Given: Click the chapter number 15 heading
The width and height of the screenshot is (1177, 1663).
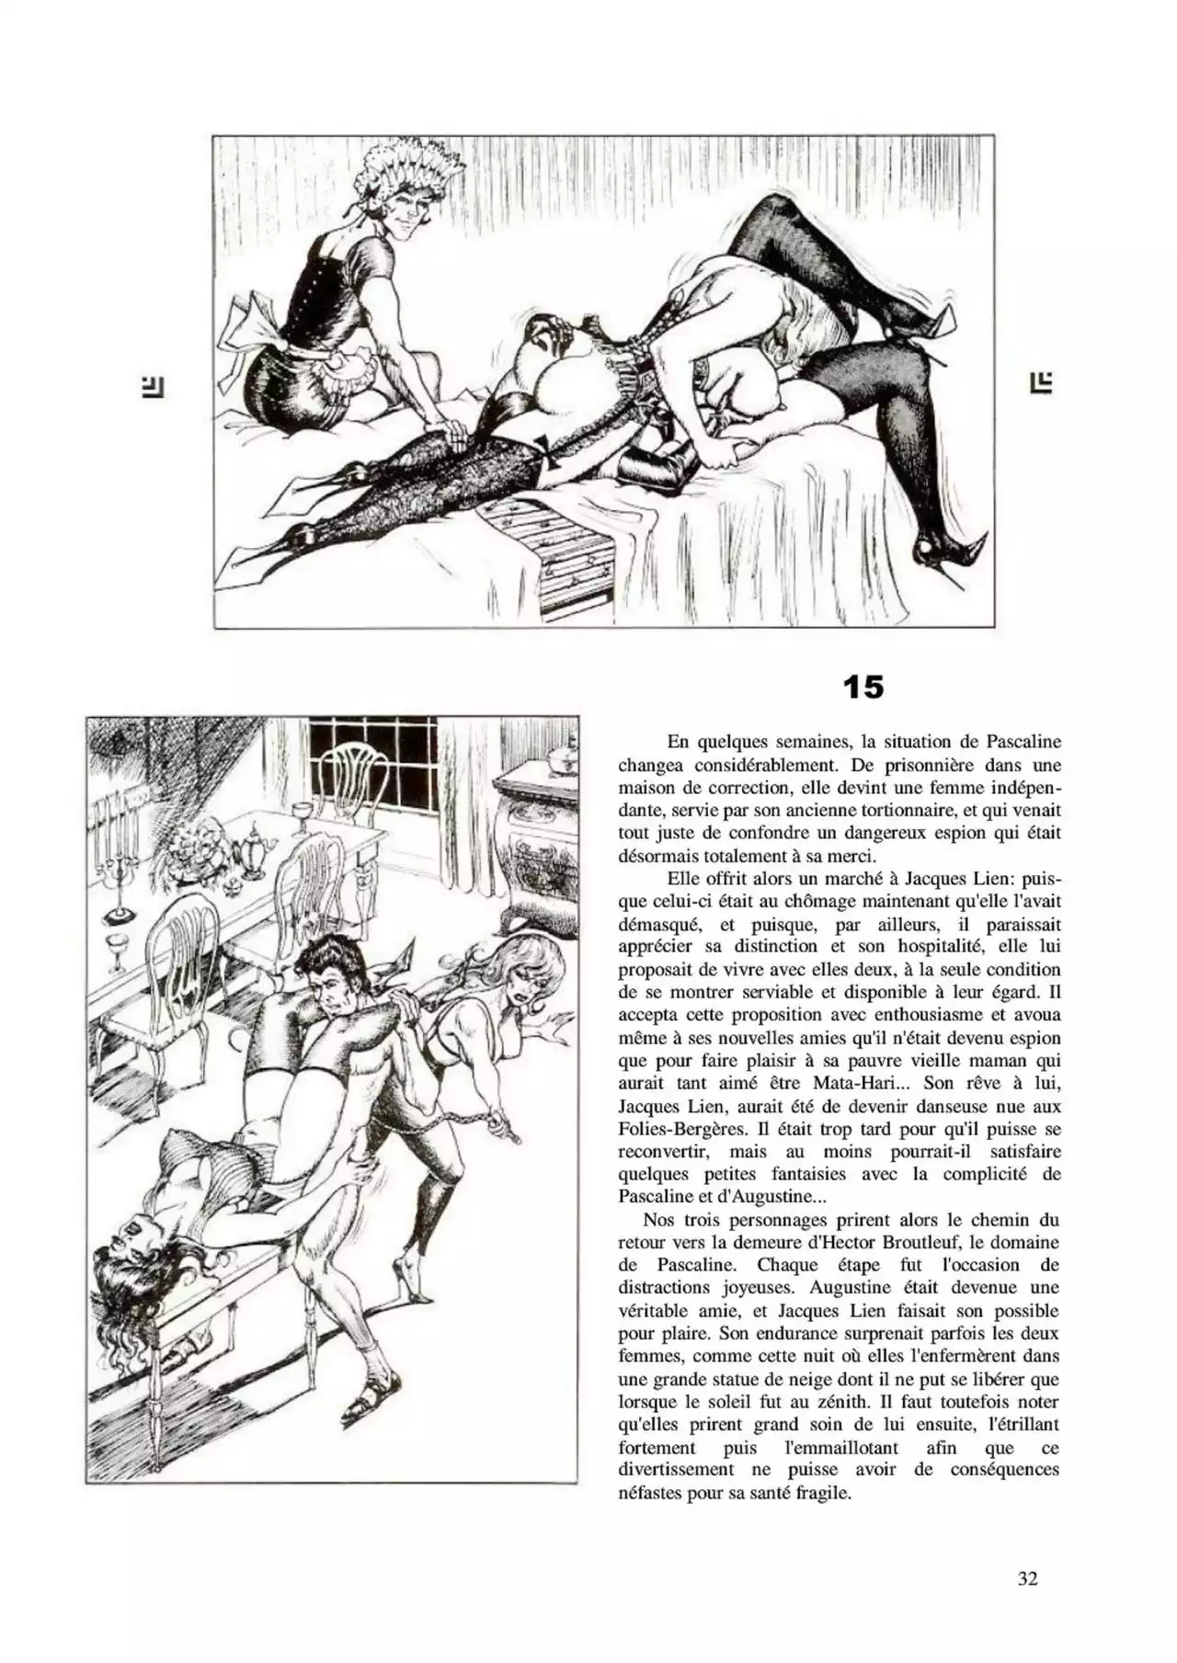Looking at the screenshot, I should (863, 687).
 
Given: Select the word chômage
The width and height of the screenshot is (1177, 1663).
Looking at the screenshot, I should (820, 901).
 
